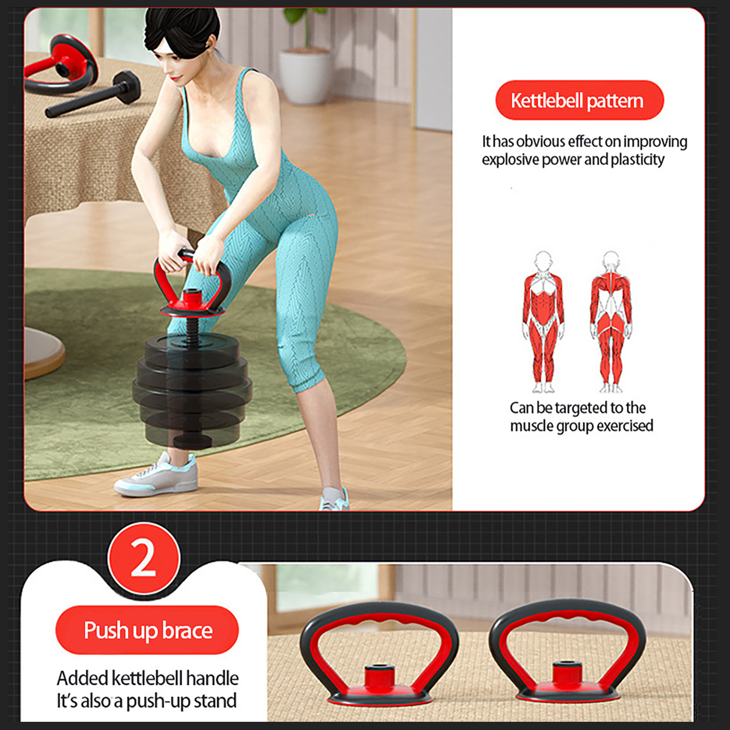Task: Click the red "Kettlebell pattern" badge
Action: (x=579, y=100)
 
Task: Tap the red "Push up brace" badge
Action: (x=147, y=630)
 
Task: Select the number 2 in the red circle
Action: (x=143, y=558)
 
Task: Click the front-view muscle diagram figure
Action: (x=543, y=322)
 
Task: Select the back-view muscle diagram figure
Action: (x=611, y=322)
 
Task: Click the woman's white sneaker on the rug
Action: (x=156, y=474)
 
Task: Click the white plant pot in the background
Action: (x=305, y=75)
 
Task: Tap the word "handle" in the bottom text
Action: (x=212, y=678)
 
